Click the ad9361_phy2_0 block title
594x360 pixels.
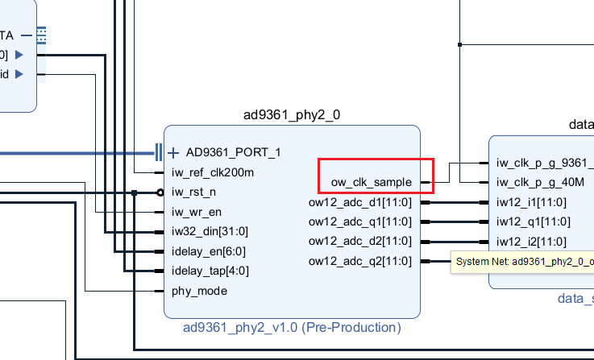pyautogui.click(x=292, y=114)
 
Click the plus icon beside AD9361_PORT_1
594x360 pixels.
pyautogui.click(x=173, y=152)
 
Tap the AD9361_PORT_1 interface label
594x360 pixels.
pyautogui.click(x=233, y=152)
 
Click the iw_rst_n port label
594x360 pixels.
pyautogui.click(x=193, y=192)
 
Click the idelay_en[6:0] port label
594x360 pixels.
pyautogui.click(x=209, y=250)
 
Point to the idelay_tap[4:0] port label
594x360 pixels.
pyautogui.click(x=210, y=270)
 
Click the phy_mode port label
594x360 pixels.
pyautogui.click(x=199, y=290)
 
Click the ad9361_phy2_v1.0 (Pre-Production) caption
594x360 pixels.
pyautogui.click(x=292, y=327)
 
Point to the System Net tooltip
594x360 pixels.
pyautogui.click(x=524, y=261)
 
